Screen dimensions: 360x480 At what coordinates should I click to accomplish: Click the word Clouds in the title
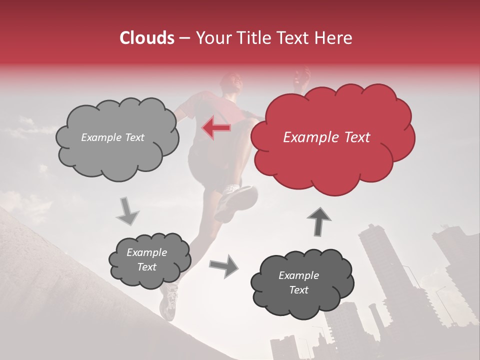pos(146,38)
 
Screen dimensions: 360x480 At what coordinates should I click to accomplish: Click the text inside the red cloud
pos(326,137)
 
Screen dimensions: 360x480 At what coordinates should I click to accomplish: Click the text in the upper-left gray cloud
pos(112,137)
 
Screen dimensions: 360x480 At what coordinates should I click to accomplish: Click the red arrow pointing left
pos(216,128)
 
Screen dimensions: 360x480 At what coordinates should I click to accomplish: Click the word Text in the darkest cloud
pos(298,290)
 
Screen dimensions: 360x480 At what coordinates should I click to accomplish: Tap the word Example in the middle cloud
pos(146,252)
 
